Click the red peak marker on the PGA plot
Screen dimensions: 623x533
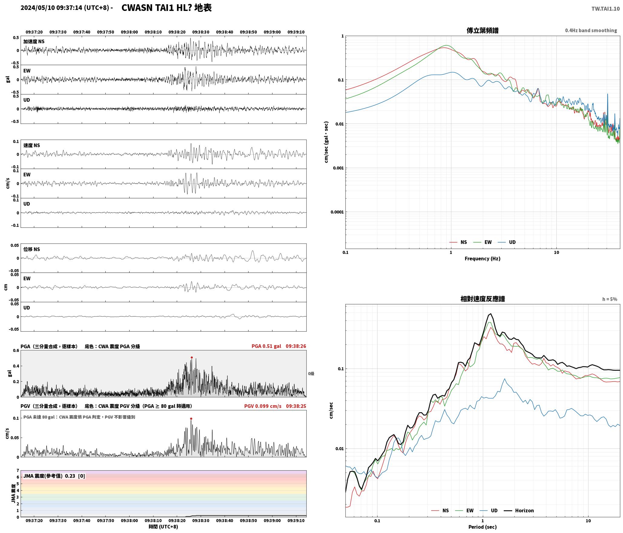[x=192, y=358]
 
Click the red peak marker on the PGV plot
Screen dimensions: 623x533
[x=191, y=419]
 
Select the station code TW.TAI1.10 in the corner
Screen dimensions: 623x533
[x=605, y=9]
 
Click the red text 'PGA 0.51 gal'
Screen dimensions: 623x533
[x=266, y=346]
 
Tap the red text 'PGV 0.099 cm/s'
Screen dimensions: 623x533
[x=263, y=406]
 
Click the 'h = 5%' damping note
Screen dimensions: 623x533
[x=609, y=299]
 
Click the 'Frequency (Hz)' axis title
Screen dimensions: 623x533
[x=483, y=259]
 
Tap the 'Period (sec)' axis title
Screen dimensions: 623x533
[x=483, y=527]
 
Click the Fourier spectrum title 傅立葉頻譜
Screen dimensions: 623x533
[x=483, y=31]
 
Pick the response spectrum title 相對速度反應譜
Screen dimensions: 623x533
[x=483, y=299]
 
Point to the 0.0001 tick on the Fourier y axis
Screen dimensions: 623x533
[x=337, y=212]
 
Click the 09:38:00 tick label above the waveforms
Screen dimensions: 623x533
[x=129, y=32]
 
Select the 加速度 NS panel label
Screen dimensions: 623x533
[x=34, y=41]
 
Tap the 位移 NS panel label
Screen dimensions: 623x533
[x=32, y=249]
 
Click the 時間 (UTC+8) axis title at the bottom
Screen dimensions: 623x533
[x=163, y=527]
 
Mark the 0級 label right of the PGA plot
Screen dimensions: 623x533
[x=311, y=374]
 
